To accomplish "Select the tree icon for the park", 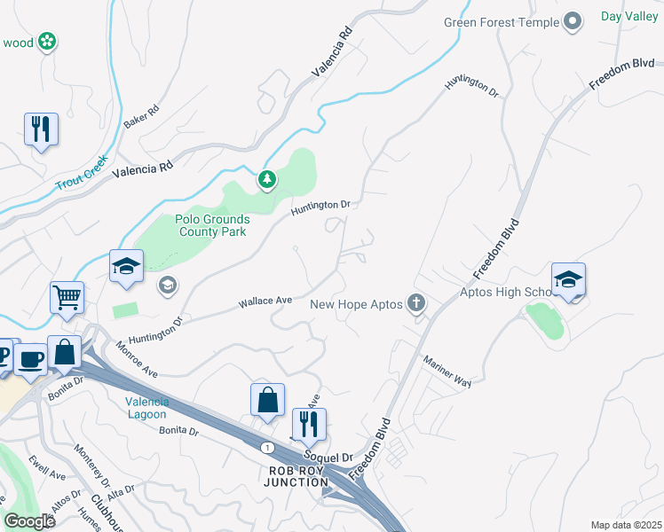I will [x=267, y=180].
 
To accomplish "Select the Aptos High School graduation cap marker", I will [x=568, y=278].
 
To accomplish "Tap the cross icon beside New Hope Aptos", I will [x=416, y=304].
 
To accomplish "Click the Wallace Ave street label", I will [x=265, y=302].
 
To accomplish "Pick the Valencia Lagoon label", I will [x=146, y=408].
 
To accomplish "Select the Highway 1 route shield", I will [x=267, y=448].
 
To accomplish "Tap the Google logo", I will [x=29, y=520].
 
